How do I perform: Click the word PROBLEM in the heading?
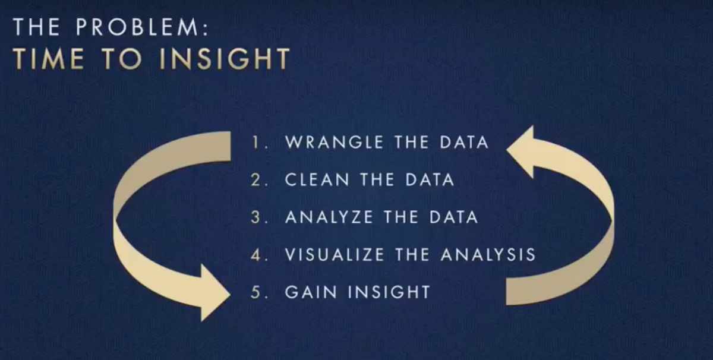pyautogui.click(x=137, y=27)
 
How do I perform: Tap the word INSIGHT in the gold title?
pyautogui.click(x=225, y=59)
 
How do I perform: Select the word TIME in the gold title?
pyautogui.click(x=48, y=59)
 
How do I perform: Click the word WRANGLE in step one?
pyautogui.click(x=334, y=142)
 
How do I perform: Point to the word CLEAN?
pyautogui.click(x=317, y=179)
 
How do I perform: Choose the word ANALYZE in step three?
pyautogui.click(x=329, y=217)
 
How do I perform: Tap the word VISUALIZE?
pyautogui.click(x=335, y=255)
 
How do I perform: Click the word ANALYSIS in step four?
pyautogui.click(x=488, y=255)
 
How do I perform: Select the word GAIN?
pyautogui.click(x=311, y=292)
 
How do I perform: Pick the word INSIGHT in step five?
pyautogui.click(x=389, y=292)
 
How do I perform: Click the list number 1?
pyautogui.click(x=255, y=142)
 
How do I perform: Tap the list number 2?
pyautogui.click(x=256, y=179)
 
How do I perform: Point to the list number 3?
pyautogui.click(x=256, y=217)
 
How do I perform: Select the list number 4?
pyautogui.click(x=256, y=255)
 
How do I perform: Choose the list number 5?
pyautogui.click(x=256, y=292)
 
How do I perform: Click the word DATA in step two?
pyautogui.click(x=430, y=179)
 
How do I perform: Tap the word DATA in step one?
pyautogui.click(x=464, y=142)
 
